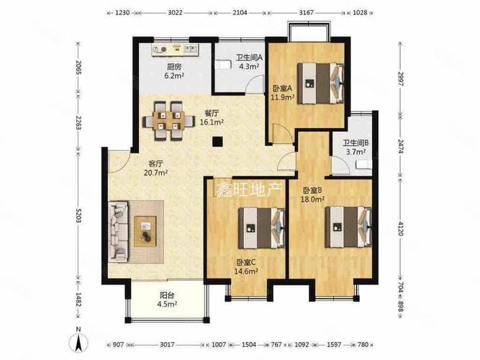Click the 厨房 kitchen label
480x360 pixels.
click(174, 66)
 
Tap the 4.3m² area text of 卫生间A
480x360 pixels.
click(249, 66)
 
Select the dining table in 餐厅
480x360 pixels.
click(168, 121)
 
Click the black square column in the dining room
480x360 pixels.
click(217, 141)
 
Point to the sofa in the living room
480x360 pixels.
click(119, 231)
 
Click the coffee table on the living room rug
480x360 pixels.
click(145, 231)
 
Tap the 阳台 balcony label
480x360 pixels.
click(167, 296)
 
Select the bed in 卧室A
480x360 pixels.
click(321, 83)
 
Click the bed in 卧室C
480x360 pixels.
click(262, 228)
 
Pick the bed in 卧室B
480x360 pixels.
click(349, 227)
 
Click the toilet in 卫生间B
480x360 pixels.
click(363, 165)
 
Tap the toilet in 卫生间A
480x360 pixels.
click(222, 66)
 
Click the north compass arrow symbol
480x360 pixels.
click(78, 341)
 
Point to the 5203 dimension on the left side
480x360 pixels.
click(78, 216)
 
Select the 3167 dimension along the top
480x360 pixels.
click(307, 12)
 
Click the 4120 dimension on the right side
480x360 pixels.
click(400, 228)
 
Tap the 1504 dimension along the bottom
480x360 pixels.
click(249, 345)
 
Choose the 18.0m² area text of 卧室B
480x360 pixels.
click(314, 199)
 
